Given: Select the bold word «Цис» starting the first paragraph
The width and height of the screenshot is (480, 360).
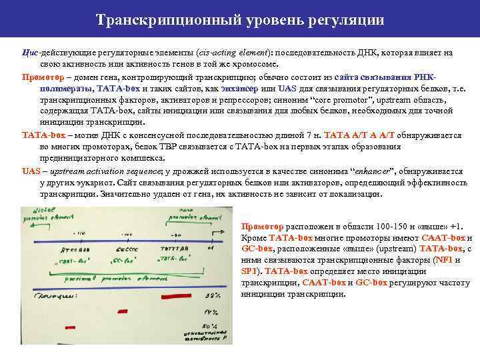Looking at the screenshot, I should [31, 52].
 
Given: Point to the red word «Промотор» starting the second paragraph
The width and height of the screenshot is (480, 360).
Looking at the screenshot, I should [41, 76].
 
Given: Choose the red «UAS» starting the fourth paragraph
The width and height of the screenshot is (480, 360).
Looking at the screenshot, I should [31, 171].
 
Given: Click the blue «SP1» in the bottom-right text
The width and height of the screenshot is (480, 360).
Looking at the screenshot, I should [250, 271].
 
